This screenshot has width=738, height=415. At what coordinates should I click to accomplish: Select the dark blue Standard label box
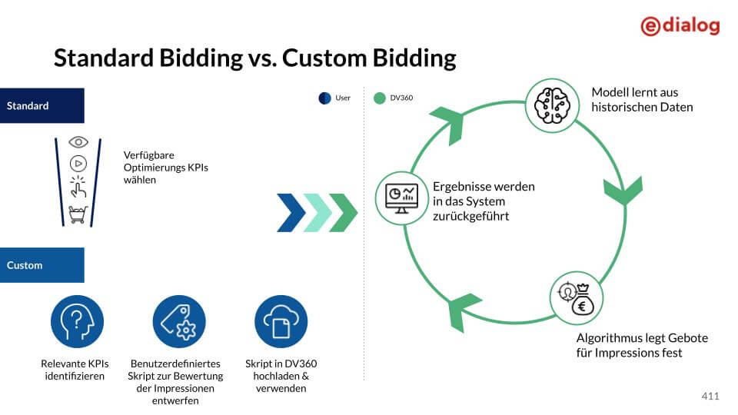(x=42, y=106)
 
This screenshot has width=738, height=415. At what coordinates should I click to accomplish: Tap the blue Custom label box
(x=42, y=265)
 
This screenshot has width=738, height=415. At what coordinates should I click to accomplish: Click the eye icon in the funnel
(x=78, y=142)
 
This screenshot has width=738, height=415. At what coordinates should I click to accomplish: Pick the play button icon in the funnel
(x=78, y=163)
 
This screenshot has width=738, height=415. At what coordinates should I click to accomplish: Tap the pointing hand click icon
(x=78, y=187)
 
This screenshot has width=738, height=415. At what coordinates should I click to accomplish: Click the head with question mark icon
(x=77, y=321)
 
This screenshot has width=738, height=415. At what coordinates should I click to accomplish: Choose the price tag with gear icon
(x=179, y=321)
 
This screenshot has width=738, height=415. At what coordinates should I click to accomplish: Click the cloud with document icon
(x=281, y=321)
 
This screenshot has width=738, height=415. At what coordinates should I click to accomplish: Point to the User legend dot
(x=324, y=98)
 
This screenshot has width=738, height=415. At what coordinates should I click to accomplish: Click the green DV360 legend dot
(x=379, y=98)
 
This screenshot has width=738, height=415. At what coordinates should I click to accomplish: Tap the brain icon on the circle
(x=551, y=104)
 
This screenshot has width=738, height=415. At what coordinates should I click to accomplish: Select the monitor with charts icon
(x=401, y=198)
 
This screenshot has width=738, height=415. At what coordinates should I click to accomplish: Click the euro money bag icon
(x=577, y=298)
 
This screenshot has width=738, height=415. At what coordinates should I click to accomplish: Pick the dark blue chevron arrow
(x=291, y=213)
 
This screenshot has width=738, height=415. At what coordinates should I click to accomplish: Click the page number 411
(x=710, y=397)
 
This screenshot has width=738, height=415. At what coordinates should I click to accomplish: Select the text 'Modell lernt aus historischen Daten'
(x=642, y=100)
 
